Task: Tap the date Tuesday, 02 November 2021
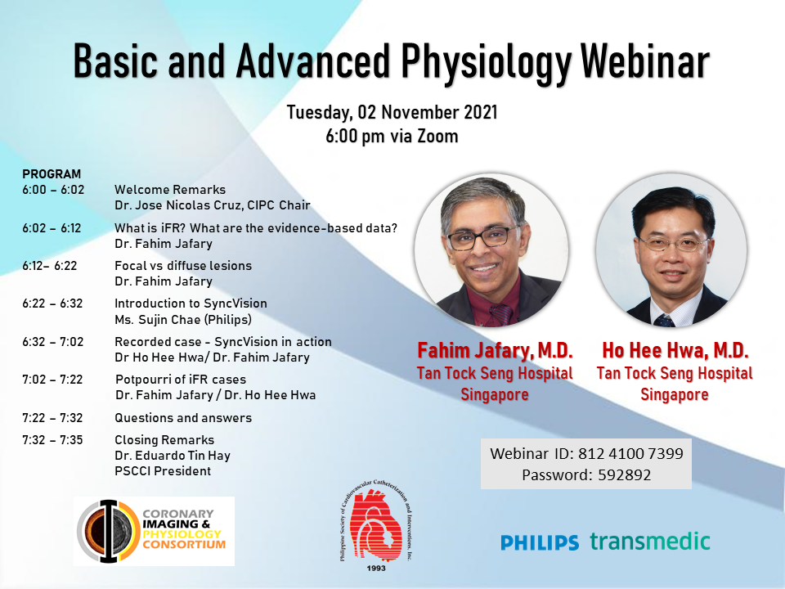click(x=392, y=112)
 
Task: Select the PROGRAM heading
click(x=52, y=173)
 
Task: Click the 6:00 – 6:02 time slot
click(x=53, y=190)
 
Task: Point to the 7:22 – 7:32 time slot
click(x=52, y=418)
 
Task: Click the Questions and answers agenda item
click(x=183, y=418)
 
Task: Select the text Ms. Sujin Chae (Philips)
click(x=183, y=320)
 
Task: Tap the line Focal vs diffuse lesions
click(x=183, y=265)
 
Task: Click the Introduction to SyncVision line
click(x=191, y=303)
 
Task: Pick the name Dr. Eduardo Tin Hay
click(x=173, y=456)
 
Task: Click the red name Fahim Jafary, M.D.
click(x=495, y=351)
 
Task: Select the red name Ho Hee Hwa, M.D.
click(x=675, y=351)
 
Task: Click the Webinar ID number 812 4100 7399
click(x=630, y=453)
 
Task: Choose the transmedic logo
click(x=650, y=541)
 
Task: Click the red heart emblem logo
click(x=376, y=525)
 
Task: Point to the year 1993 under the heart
click(x=376, y=568)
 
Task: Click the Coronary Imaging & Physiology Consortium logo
click(x=155, y=531)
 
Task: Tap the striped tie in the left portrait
click(x=501, y=314)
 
